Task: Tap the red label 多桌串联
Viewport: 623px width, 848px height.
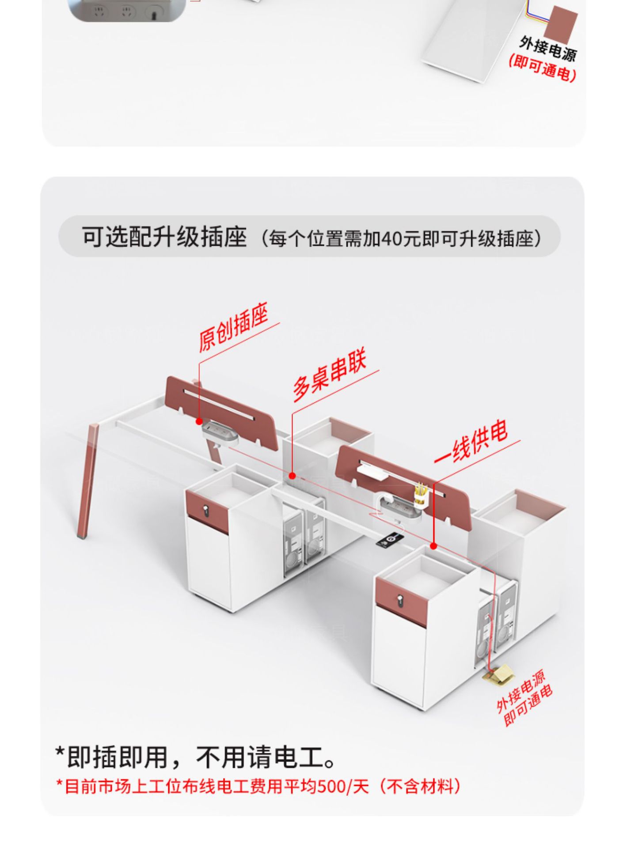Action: tap(330, 376)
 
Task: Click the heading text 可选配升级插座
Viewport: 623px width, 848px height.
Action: tap(164, 237)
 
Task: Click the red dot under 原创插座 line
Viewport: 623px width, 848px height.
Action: tap(199, 422)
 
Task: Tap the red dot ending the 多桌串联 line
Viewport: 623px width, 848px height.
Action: tap(292, 476)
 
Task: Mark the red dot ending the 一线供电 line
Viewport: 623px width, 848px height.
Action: tap(433, 546)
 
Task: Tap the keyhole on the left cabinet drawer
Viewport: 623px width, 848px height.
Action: tap(205, 511)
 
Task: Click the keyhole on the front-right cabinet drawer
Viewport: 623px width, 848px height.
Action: tap(400, 601)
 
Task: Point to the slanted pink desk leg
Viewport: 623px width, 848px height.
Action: tap(87, 481)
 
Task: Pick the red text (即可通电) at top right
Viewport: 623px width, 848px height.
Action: tap(543, 68)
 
